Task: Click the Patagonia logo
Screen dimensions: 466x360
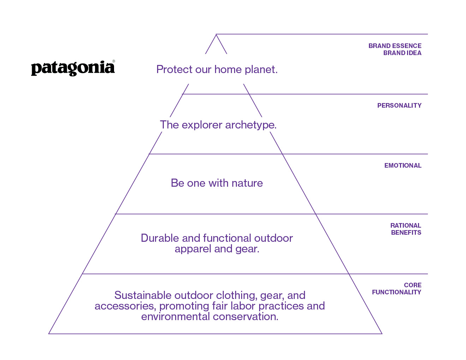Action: click(73, 68)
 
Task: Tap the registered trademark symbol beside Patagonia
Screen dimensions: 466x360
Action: click(113, 61)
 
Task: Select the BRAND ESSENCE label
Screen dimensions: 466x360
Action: click(395, 46)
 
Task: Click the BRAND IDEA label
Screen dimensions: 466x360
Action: click(402, 53)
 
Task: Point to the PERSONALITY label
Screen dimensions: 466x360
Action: click(399, 106)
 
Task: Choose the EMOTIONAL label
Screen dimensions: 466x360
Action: click(403, 166)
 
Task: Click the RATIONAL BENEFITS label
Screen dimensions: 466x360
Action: click(406, 229)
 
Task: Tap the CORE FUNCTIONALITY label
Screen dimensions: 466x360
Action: click(396, 289)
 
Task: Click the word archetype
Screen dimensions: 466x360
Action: click(251, 125)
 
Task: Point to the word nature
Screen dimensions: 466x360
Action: click(247, 184)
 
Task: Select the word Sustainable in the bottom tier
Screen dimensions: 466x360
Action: click(143, 295)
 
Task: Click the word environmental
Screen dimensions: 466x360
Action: click(175, 317)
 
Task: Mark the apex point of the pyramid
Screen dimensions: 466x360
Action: click(216, 34)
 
